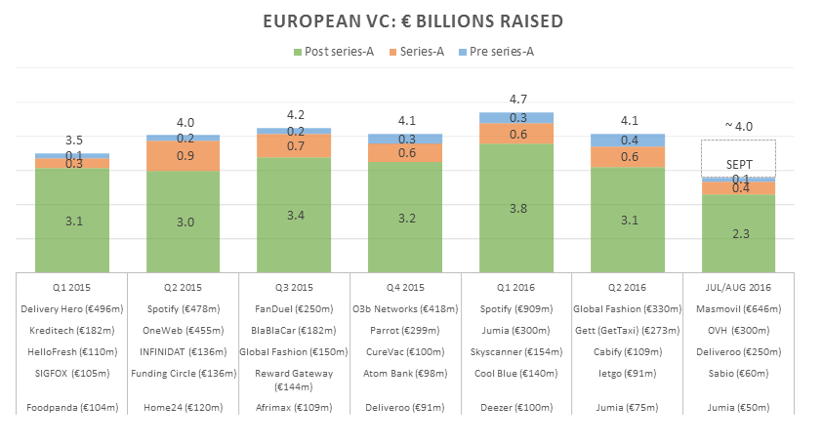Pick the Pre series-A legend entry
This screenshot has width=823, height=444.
(497, 51)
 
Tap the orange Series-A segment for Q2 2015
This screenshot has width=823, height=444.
(183, 156)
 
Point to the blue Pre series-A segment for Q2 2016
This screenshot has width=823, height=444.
(628, 141)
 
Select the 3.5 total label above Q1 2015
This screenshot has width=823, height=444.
(72, 141)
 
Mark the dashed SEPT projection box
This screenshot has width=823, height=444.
(738, 158)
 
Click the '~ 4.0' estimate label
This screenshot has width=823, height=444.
(738, 127)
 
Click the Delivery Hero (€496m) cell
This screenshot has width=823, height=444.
(72, 308)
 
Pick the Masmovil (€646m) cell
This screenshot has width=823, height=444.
(738, 308)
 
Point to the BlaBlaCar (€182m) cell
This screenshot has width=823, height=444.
(294, 331)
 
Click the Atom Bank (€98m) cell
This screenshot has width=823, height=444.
(405, 374)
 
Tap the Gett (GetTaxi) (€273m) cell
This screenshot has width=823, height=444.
(628, 331)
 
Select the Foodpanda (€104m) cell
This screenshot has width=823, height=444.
(72, 407)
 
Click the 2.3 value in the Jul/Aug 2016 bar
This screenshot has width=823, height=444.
(738, 232)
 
